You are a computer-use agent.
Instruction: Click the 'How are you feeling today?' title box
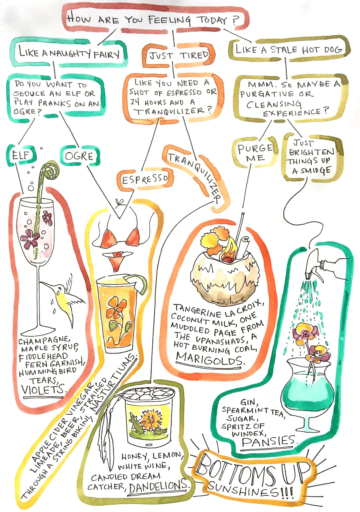pyautogui.click(x=153, y=20)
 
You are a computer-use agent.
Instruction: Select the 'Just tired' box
pyautogui.click(x=179, y=55)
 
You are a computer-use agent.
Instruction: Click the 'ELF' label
pyautogui.click(x=21, y=155)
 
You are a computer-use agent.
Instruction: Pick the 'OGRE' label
pyautogui.click(x=79, y=156)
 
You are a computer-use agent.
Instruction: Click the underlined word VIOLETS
pyautogui.click(x=43, y=390)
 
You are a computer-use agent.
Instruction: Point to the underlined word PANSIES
pyautogui.click(x=269, y=440)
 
